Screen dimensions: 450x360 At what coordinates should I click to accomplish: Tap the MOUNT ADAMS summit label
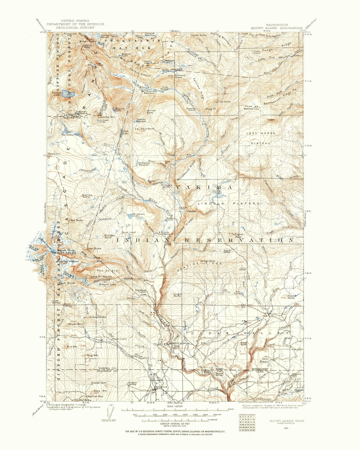coord(65,253)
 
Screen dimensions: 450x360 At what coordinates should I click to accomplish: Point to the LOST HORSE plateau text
coord(261,133)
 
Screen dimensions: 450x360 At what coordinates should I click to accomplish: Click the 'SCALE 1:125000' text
coord(175,406)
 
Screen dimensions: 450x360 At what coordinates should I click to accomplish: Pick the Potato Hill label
coord(54,154)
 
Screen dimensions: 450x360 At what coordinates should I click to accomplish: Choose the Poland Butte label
coord(291,297)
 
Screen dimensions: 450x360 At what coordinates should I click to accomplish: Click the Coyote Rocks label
coord(199,35)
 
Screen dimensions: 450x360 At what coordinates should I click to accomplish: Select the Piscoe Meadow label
coord(249,107)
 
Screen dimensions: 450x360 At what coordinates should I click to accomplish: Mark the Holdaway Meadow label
coord(144,164)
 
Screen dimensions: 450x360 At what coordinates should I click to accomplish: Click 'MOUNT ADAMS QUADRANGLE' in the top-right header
coord(277,28)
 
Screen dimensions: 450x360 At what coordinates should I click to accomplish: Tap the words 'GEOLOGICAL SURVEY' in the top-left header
coord(75,28)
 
